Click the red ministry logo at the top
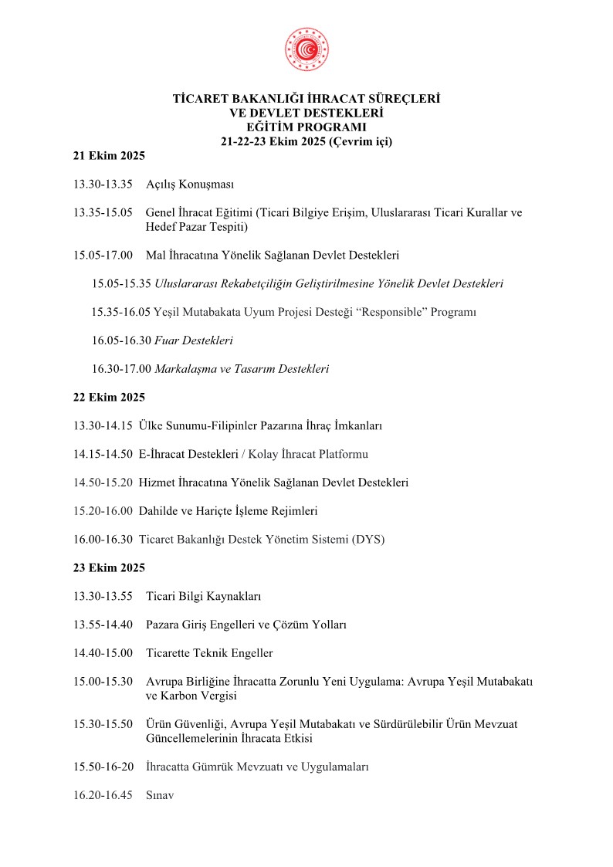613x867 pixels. (x=306, y=48)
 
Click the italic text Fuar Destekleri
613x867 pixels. (x=194, y=340)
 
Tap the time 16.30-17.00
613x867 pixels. (x=121, y=369)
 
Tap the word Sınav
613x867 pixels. (x=160, y=794)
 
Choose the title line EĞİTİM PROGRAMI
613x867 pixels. (x=306, y=127)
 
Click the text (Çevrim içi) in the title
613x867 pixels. (x=362, y=141)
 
